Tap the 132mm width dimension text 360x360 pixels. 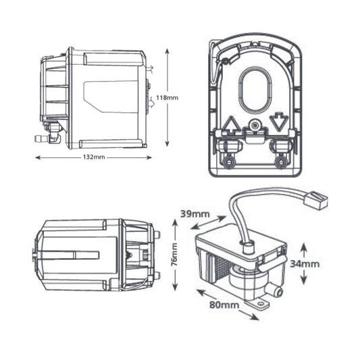93,157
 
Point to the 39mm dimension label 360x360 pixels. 195,213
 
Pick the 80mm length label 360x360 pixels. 223,306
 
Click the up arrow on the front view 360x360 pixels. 230,126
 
